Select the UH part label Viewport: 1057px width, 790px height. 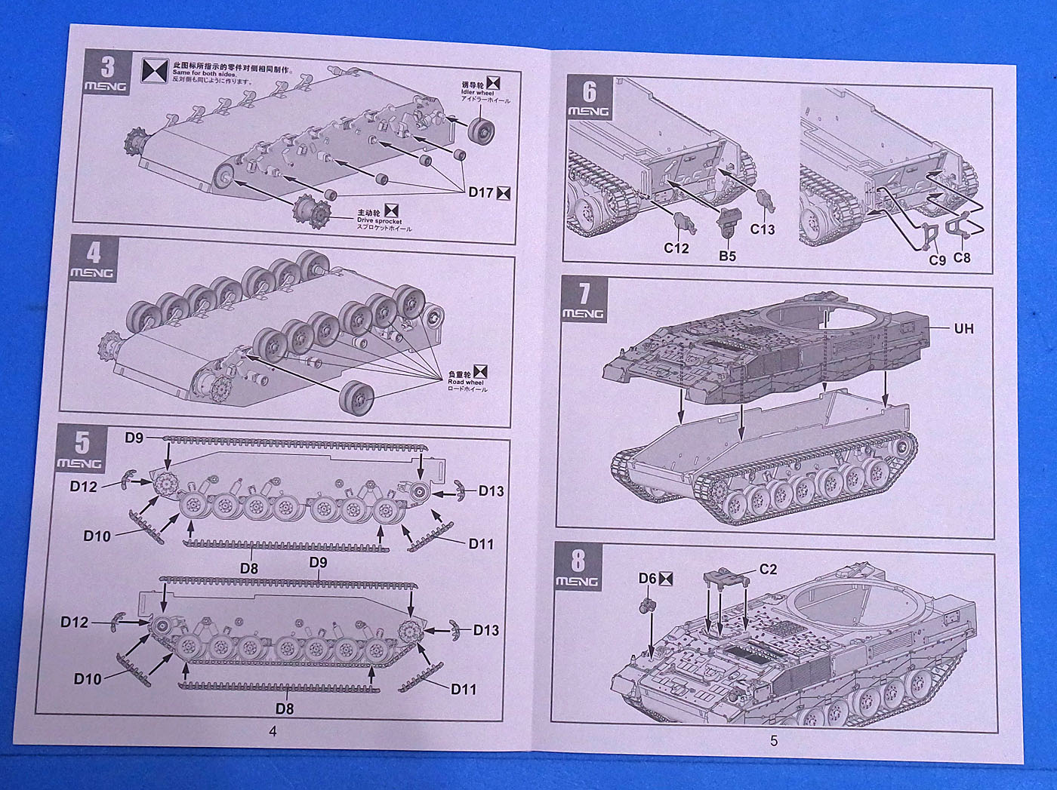pos(963,328)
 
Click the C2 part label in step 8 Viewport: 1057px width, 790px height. pos(767,570)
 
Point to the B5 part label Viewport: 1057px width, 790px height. pos(727,256)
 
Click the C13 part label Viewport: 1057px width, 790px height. pos(763,229)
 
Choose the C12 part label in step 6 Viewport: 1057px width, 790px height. pos(676,247)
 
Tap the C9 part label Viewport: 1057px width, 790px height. pos(937,260)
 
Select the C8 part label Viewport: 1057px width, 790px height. pos(962,257)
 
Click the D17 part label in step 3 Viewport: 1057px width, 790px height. pos(481,192)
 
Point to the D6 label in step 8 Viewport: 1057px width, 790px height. pos(648,578)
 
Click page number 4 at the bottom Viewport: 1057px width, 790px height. pos(273,731)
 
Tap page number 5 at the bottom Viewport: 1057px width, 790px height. pos(774,741)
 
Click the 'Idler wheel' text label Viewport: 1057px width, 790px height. pos(479,92)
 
